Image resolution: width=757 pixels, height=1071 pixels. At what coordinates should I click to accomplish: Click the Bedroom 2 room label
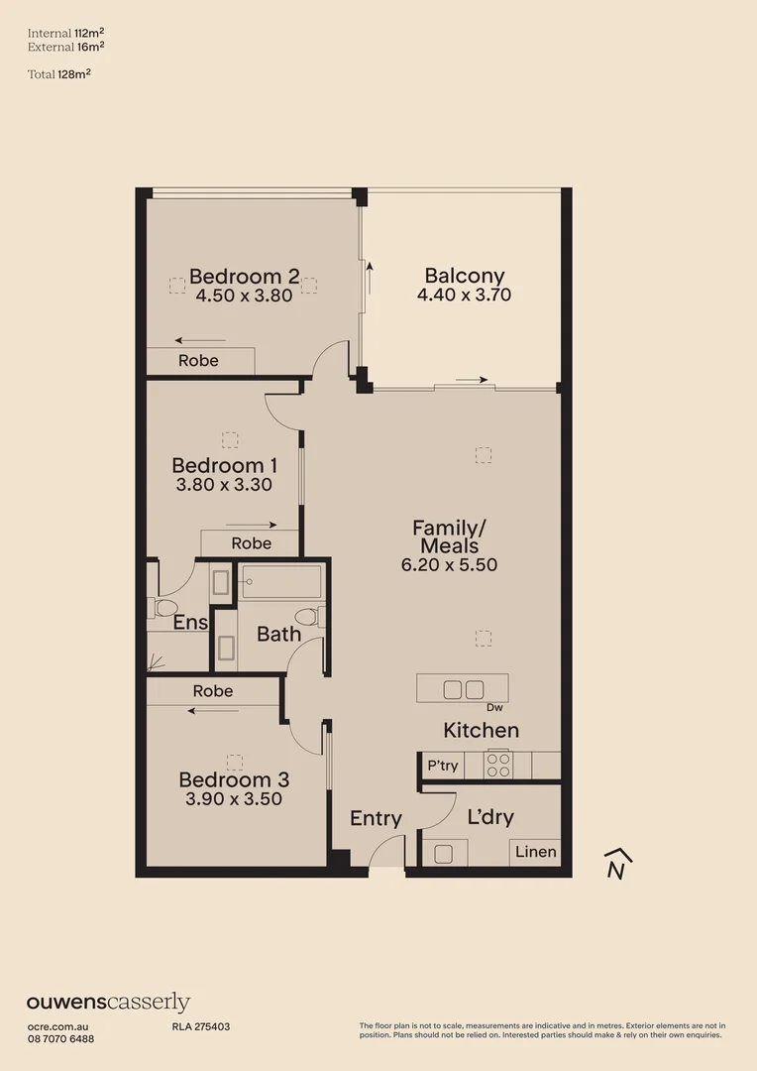(244, 276)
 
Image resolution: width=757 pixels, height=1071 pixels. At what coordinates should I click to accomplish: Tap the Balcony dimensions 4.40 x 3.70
(465, 295)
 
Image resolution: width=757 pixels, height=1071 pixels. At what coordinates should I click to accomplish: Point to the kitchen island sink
(463, 689)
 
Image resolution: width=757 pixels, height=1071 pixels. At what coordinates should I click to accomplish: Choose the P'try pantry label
(442, 766)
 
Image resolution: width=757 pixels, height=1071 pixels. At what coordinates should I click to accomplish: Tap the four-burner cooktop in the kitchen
(497, 766)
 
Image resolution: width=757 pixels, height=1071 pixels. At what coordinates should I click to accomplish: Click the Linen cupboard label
(535, 852)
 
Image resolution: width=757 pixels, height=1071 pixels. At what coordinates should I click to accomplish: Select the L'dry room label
(490, 818)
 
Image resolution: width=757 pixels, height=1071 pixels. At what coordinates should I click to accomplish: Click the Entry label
(376, 818)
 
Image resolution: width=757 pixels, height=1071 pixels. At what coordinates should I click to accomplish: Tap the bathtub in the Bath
(280, 582)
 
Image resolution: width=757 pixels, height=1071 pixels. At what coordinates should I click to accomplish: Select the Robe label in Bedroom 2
(198, 361)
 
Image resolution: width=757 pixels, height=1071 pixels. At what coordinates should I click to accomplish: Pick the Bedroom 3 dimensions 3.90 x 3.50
(234, 799)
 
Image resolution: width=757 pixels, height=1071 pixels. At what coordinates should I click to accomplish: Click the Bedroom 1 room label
(224, 465)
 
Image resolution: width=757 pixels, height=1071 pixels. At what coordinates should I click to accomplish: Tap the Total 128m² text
(59, 73)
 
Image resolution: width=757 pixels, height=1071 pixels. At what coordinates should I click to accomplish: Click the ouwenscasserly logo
(108, 1003)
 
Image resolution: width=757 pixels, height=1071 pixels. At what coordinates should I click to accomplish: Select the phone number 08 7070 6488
(60, 1038)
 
